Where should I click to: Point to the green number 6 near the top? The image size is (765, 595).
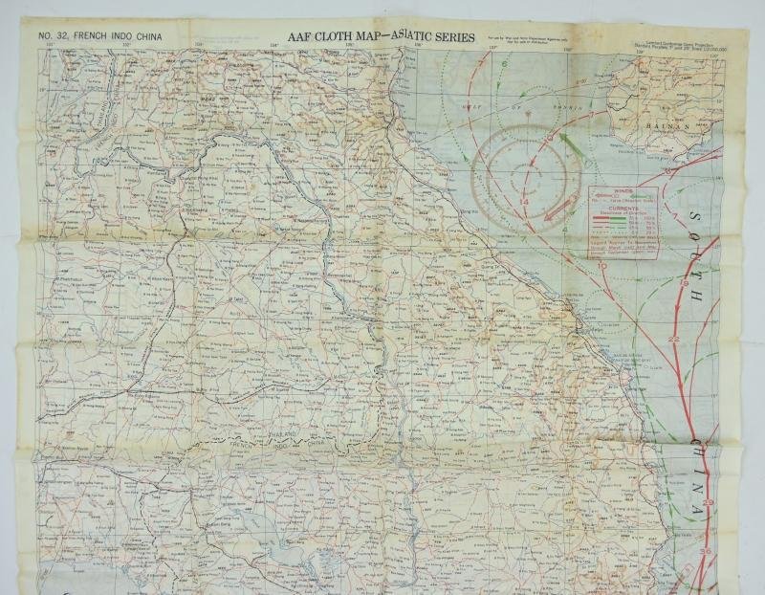coord(504,64)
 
